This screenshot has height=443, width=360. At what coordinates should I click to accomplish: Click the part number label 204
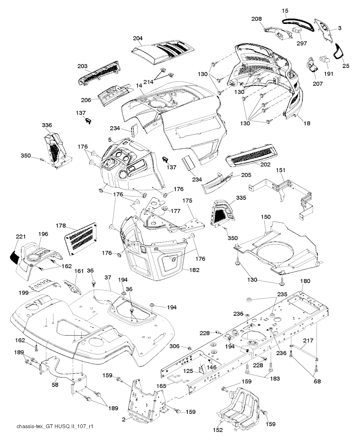pyautogui.click(x=138, y=38)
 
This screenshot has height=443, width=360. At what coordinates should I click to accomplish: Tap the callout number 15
pyautogui.click(x=285, y=11)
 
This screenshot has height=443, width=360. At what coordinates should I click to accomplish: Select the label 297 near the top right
pyautogui.click(x=302, y=43)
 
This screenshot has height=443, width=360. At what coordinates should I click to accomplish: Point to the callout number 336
pyautogui.click(x=47, y=125)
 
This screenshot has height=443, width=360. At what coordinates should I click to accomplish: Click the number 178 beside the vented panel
pyautogui.click(x=61, y=226)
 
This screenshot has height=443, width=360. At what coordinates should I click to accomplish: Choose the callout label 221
pyautogui.click(x=21, y=237)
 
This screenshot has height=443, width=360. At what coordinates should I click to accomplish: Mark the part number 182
pyautogui.click(x=194, y=270)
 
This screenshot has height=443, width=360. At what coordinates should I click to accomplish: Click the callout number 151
pyautogui.click(x=281, y=170)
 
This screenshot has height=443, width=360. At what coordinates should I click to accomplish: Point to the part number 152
pyautogui.click(x=218, y=428)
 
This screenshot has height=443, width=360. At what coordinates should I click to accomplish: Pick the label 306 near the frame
pyautogui.click(x=174, y=346)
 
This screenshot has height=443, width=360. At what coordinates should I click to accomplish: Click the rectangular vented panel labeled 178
pyautogui.click(x=81, y=239)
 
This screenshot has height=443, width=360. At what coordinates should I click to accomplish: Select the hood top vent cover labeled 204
pyautogui.click(x=163, y=52)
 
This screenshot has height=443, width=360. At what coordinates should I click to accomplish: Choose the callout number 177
pyautogui.click(x=176, y=211)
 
